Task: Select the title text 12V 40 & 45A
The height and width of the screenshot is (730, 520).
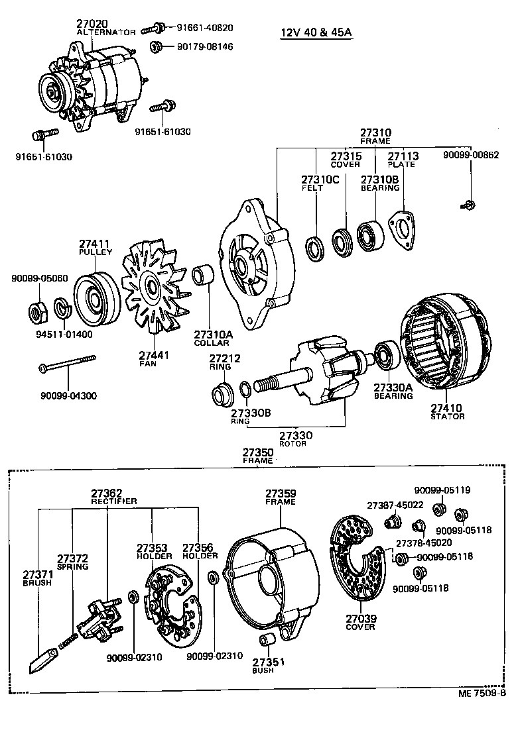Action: pos(315,34)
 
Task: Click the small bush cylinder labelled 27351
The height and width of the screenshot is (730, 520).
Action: pos(267,641)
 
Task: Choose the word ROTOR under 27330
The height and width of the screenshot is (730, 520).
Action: pos(292,443)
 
